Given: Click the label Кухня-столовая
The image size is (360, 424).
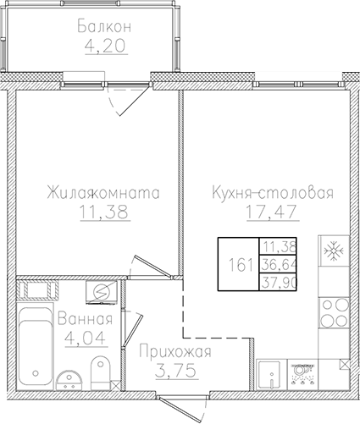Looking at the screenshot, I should click(x=272, y=193).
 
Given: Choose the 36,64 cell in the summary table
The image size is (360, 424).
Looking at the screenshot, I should click(x=279, y=264).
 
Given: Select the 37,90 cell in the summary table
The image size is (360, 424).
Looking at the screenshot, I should click(x=279, y=282).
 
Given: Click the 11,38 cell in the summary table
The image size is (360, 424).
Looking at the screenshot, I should click(x=279, y=246).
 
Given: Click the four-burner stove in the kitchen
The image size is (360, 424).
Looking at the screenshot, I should click(x=331, y=311).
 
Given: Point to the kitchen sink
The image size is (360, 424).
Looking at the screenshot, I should click(x=270, y=372).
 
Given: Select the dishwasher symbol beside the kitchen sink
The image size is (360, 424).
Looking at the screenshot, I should click(x=300, y=371).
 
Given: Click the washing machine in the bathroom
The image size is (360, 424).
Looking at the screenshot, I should click(x=98, y=292).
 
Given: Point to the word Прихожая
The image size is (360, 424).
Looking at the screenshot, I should click(x=171, y=351).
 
